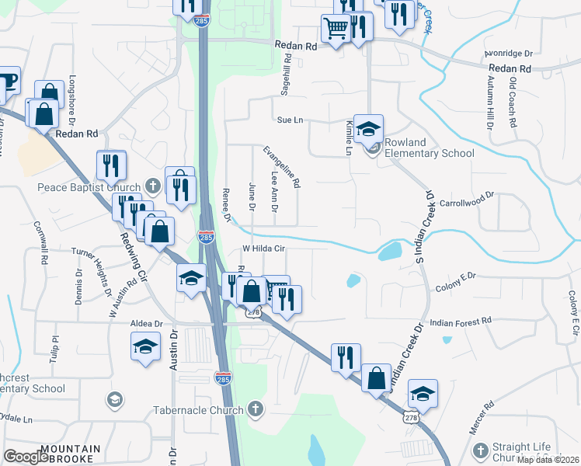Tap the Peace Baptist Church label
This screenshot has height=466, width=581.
click(x=89, y=187)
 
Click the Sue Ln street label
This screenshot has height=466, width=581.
click(x=289, y=120)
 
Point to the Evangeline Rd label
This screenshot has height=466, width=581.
click(x=281, y=167)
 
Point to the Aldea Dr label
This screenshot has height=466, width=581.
click(x=147, y=323)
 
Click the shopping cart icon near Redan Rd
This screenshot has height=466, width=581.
click(x=336, y=30)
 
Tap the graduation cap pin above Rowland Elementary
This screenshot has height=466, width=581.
click(x=369, y=127)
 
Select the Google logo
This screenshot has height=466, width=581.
click(x=27, y=457)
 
